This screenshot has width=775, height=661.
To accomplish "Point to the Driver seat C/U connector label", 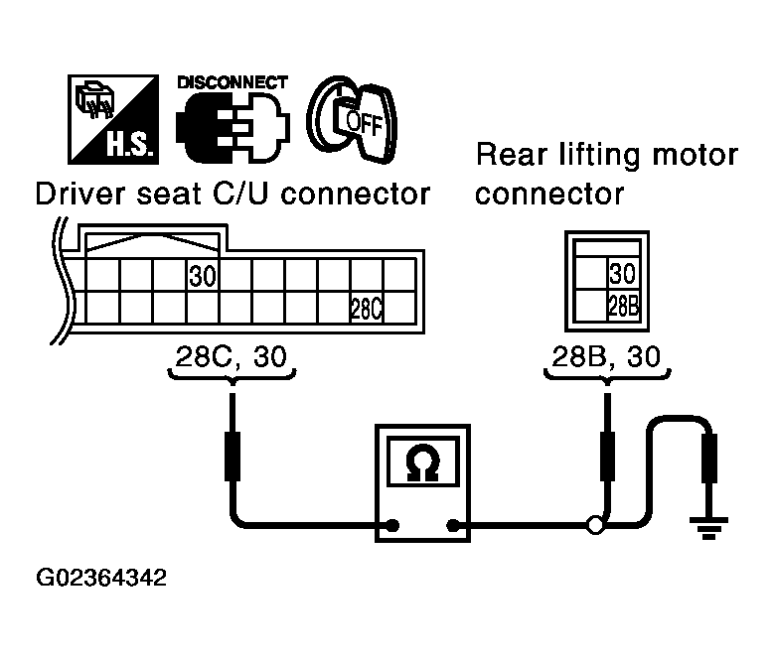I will (232, 193).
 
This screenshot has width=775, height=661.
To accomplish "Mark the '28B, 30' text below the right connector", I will (605, 357).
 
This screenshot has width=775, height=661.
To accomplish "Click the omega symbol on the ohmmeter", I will (424, 463).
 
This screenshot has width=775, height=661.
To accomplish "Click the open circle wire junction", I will (595, 525).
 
